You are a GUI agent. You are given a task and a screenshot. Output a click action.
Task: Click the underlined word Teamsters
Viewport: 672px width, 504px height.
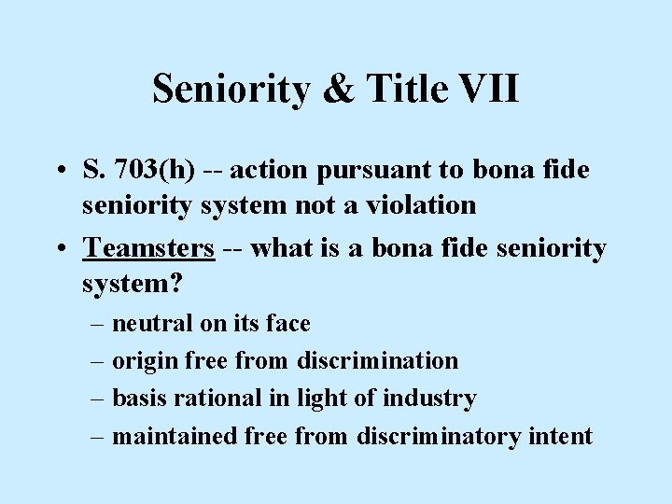(x=149, y=248)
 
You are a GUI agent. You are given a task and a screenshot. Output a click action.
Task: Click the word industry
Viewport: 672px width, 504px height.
(x=432, y=399)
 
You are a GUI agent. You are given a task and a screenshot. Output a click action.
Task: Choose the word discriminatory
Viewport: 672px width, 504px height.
(x=438, y=436)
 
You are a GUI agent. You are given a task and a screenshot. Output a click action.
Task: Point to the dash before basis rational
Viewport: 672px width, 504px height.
(x=97, y=399)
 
